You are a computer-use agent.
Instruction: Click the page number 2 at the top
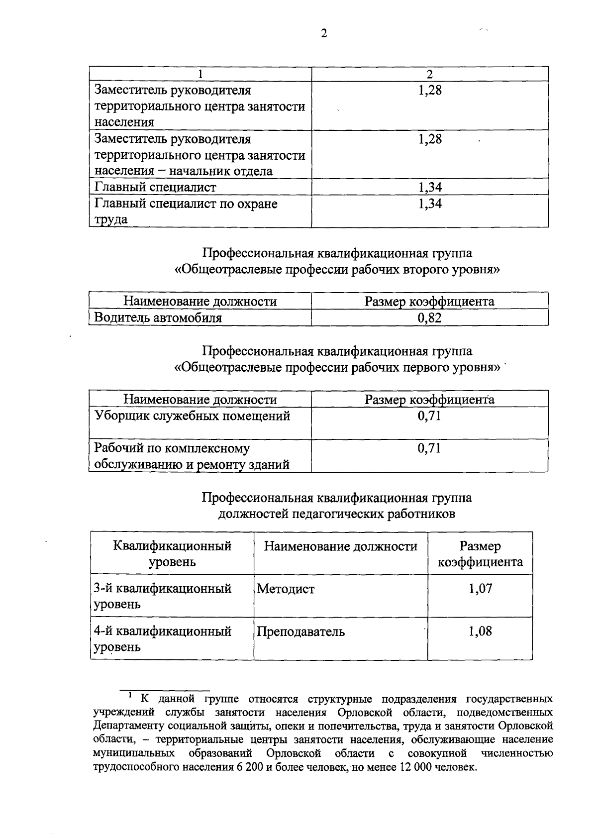(324, 33)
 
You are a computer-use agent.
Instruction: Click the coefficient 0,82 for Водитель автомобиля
(429, 317)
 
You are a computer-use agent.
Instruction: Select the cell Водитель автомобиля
(158, 317)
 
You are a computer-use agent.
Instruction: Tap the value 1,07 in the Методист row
(480, 589)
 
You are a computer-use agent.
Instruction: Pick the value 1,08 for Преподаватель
(480, 631)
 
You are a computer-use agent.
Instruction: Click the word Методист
(286, 589)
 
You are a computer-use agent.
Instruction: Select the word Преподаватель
(300, 632)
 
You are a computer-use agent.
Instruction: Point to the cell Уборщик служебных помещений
(193, 416)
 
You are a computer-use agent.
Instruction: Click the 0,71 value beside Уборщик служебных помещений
(429, 416)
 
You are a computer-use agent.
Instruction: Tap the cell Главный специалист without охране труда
(155, 187)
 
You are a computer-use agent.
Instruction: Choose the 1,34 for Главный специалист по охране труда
(430, 204)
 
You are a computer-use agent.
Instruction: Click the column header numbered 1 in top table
(200, 74)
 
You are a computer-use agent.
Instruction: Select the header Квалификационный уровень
(172, 554)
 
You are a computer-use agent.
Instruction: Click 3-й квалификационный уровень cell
(163, 596)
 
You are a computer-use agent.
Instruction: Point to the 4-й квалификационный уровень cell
(163, 639)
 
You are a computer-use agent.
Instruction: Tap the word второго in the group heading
(407, 270)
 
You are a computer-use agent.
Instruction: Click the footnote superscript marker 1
(129, 694)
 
